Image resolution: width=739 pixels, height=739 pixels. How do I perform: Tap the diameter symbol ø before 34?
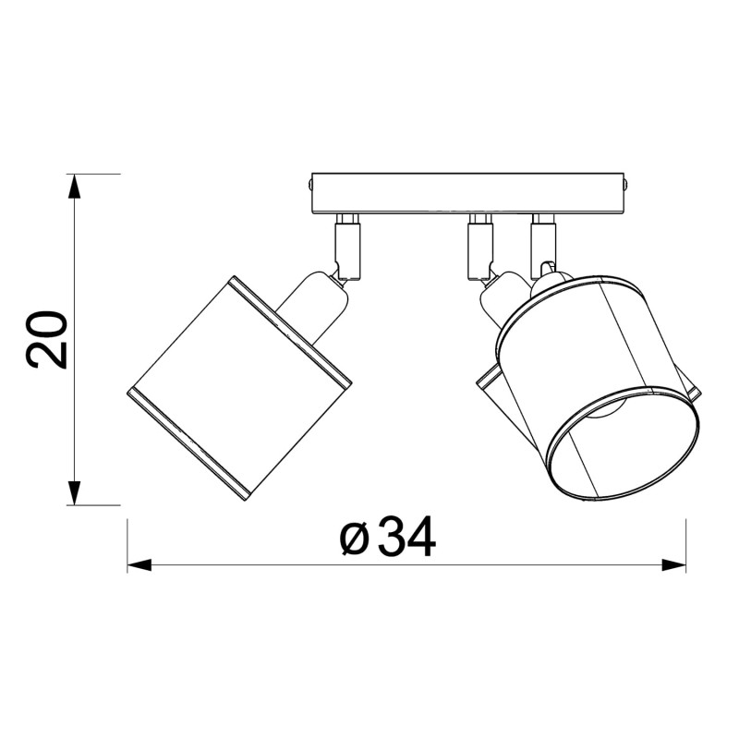(x=355, y=539)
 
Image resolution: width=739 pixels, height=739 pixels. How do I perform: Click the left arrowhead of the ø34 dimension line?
(x=139, y=564)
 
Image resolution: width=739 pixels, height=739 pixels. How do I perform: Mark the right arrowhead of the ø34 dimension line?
(x=674, y=564)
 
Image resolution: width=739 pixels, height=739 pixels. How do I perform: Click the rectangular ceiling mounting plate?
(x=466, y=192)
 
